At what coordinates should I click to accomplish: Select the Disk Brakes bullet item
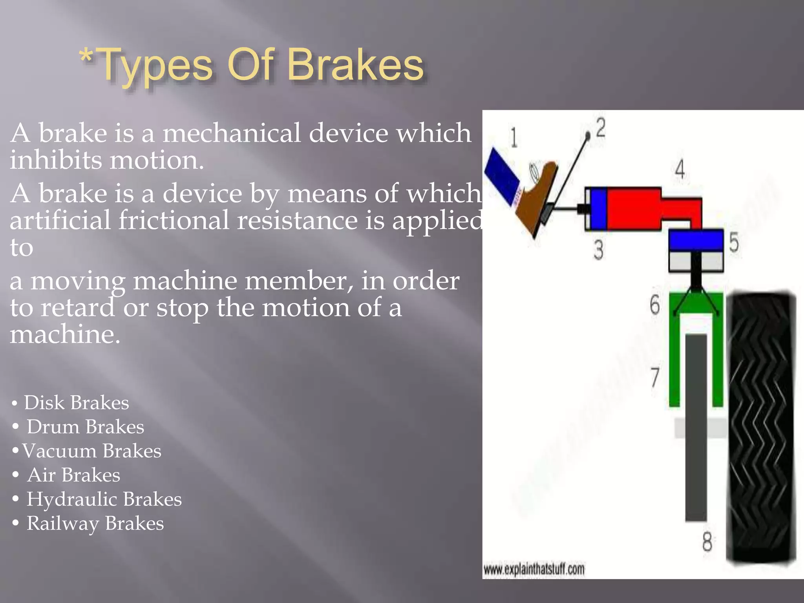(76, 403)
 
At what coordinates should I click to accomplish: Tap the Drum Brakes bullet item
(85, 427)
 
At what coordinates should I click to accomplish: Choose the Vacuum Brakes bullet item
(91, 451)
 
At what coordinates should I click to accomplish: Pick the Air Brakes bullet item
(73, 475)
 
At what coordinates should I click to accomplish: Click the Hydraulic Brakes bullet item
(104, 499)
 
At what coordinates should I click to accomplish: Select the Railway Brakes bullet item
(95, 524)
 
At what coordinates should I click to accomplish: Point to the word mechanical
(232, 133)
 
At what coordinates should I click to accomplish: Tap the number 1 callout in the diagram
(513, 138)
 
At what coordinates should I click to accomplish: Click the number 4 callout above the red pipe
(680, 170)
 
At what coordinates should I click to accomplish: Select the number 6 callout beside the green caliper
(655, 305)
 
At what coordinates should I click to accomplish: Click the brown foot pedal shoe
(538, 196)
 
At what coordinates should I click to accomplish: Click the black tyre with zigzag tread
(761, 428)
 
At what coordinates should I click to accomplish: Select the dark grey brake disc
(696, 428)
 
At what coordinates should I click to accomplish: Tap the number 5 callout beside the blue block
(734, 242)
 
